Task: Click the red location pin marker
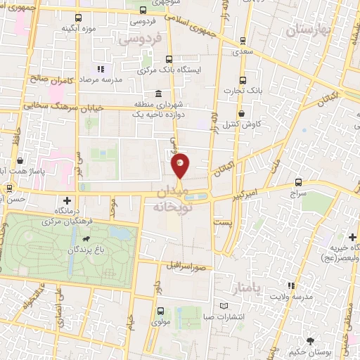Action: point(181,165)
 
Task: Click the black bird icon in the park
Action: point(84,239)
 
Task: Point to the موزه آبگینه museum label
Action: point(78,28)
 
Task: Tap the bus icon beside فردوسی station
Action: point(143,11)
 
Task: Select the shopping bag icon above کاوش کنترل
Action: point(241,112)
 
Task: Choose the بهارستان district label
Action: point(308,30)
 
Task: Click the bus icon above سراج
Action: point(299,181)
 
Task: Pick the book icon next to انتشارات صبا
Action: point(224,306)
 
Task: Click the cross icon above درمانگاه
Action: point(67,200)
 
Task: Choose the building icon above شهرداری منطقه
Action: point(157,94)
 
